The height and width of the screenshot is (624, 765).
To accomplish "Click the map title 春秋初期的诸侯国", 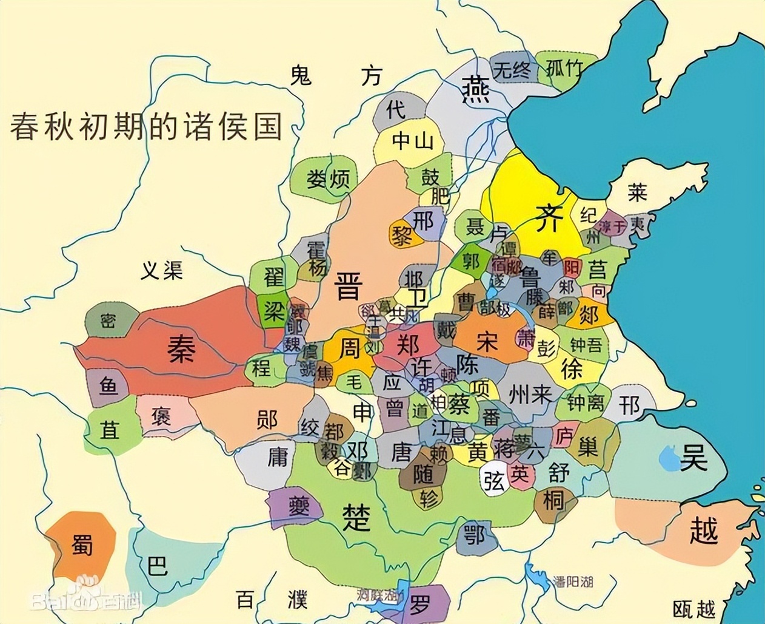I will [146, 126].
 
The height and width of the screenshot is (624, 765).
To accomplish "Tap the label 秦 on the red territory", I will [181, 349].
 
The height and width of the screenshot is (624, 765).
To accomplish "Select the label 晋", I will [349, 285].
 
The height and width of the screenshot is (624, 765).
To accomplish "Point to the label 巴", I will [157, 566].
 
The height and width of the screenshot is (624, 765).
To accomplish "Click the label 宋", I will [487, 342].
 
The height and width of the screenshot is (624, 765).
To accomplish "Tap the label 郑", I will [408, 345].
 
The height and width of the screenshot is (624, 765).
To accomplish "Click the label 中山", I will [413, 141].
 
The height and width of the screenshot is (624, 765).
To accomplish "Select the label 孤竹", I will [564, 68].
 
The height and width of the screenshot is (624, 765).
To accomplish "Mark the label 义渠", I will [162, 271].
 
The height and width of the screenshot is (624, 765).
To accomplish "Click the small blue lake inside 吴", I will [669, 458].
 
